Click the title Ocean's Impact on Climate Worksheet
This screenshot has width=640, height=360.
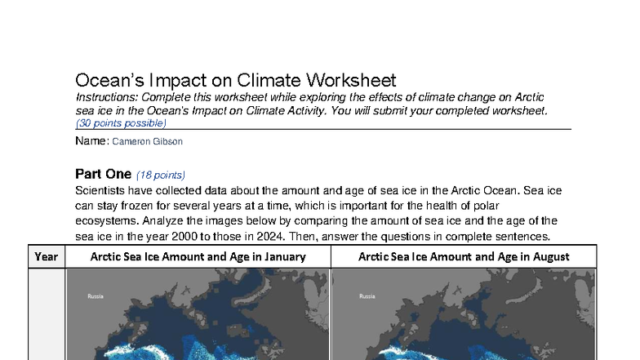click(x=235, y=80)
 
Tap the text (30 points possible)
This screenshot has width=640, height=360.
click(x=121, y=123)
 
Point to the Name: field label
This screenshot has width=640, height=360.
click(x=91, y=141)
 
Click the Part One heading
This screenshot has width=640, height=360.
click(x=103, y=174)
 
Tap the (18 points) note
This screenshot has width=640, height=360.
click(x=161, y=175)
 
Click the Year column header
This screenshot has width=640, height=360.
click(x=47, y=256)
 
